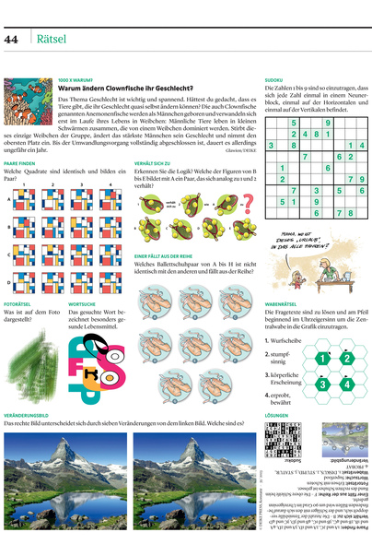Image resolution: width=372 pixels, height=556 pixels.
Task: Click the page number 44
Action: (x=12, y=40)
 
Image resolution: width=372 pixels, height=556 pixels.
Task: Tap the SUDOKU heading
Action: (x=273, y=80)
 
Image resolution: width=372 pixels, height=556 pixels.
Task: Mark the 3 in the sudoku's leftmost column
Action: (x=270, y=145)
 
